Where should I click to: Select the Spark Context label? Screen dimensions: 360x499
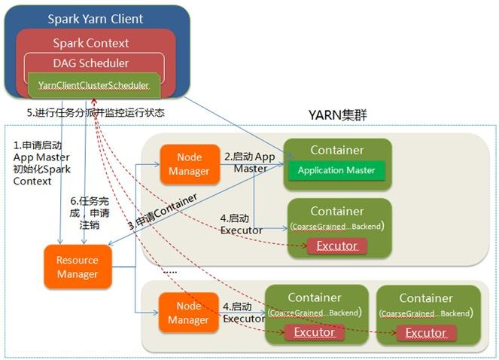(x=90, y=43)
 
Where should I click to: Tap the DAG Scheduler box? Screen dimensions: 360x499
(x=93, y=63)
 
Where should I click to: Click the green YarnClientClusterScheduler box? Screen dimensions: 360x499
(x=93, y=85)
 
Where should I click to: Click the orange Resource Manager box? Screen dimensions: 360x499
(x=78, y=267)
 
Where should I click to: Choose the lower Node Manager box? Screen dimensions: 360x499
(x=188, y=313)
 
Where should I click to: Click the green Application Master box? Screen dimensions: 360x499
(x=336, y=171)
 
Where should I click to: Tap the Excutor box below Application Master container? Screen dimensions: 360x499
(x=336, y=246)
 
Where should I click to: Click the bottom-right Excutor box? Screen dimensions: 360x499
(x=425, y=332)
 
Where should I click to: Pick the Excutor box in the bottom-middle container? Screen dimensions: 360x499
(x=314, y=332)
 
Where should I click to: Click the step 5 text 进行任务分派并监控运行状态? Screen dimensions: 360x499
(x=95, y=113)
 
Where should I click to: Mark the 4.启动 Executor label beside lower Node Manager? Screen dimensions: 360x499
(x=243, y=313)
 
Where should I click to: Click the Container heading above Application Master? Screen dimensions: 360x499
(x=336, y=150)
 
